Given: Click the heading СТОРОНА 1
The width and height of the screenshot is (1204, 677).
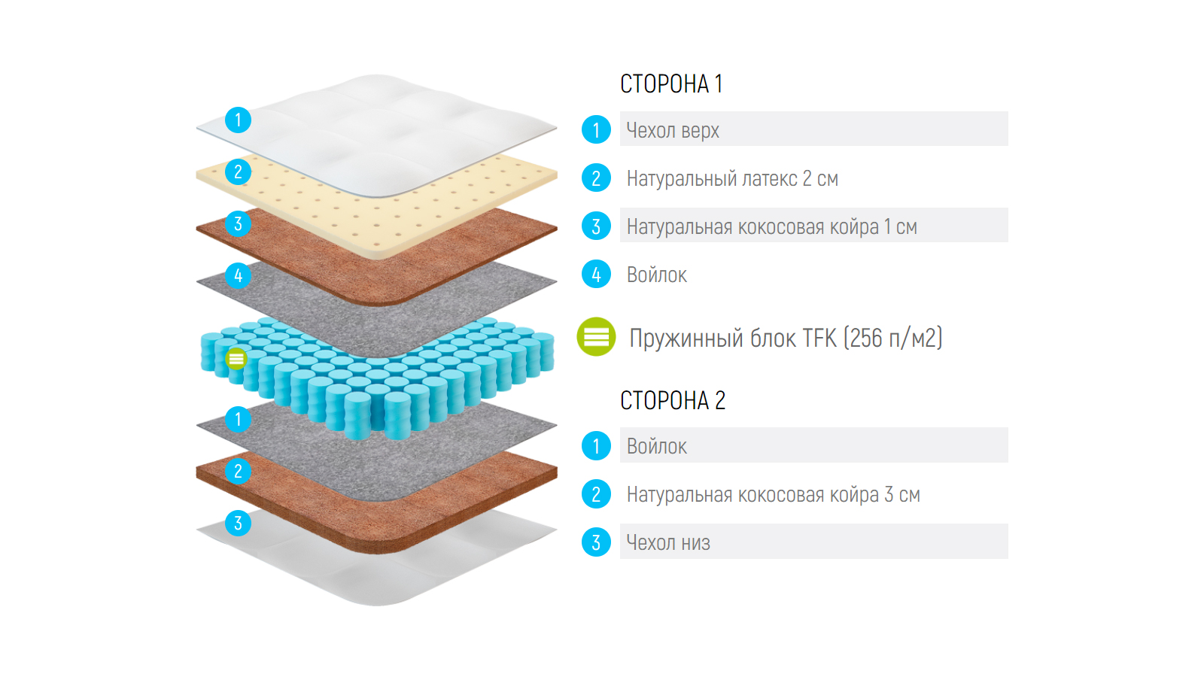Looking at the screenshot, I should pos(671,83).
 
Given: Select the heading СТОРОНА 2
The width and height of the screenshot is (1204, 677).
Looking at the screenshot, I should pos(673,400).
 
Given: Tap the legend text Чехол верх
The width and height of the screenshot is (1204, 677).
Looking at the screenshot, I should pos(673,130).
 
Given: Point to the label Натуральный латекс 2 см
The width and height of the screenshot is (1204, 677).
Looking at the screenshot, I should pos(732,178).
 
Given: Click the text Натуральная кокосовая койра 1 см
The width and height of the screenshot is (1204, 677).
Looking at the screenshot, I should pos(771,226).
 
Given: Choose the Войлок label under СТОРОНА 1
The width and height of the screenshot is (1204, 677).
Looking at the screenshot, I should pos(656,275).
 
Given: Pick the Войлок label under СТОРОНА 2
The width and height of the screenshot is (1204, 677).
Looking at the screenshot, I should pos(656,446).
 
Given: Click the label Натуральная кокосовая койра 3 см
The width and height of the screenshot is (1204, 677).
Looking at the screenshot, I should pos(773,494).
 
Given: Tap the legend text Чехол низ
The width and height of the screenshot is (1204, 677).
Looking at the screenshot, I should pos(668,542).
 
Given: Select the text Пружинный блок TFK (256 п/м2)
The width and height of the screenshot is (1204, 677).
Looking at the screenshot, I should pos(786,338).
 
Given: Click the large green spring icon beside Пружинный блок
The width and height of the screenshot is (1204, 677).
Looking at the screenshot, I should pos(596,337).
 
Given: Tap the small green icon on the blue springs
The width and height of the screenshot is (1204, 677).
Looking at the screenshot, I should pos(236,359).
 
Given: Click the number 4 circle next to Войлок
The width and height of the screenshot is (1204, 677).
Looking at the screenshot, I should pos(596,275).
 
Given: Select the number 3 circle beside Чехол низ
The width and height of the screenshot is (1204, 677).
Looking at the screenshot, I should pos(596,542).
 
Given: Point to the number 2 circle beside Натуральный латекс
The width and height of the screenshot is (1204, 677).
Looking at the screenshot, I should pos(596,178).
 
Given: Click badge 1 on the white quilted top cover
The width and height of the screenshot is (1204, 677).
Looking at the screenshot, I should pos(238,120).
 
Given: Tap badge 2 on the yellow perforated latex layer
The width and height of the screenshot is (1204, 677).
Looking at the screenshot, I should pos(238,172).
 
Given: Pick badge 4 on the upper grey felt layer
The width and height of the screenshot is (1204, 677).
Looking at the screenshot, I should pos(238,275).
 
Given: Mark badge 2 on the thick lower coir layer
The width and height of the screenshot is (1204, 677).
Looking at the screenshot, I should pos(238,471).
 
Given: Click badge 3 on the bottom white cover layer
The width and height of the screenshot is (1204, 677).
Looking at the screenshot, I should pos(238,523).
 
